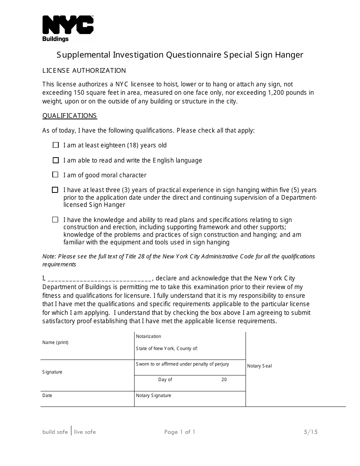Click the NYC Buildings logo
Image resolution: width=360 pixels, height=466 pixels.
tap(68, 28)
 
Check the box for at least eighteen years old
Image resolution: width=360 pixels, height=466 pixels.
tap(56, 145)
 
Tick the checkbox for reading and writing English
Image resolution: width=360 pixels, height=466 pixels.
tap(56, 160)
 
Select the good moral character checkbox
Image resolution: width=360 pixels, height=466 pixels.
tap(56, 175)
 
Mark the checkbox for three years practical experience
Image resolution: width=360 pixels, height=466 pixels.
tap(55, 190)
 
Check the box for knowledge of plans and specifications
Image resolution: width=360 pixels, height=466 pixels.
tap(56, 220)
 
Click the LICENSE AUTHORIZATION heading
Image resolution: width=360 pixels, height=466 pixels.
tap(84, 70)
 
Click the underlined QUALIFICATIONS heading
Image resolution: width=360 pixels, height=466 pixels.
tap(69, 116)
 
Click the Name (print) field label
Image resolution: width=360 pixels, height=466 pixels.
tap(55, 342)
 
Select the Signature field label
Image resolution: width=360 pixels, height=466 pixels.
tap(52, 372)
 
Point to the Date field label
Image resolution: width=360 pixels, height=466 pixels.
tap(47, 396)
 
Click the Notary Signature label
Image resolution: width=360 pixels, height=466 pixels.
tap(153, 396)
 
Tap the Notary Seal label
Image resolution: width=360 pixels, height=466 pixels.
tap(259, 366)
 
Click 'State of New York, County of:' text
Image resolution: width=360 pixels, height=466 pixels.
tap(167, 349)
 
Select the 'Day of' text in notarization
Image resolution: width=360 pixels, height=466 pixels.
tap(165, 380)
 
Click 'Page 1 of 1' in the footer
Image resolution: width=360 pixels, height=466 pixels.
tap(180, 432)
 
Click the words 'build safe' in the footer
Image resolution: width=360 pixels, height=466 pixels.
tap(55, 432)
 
